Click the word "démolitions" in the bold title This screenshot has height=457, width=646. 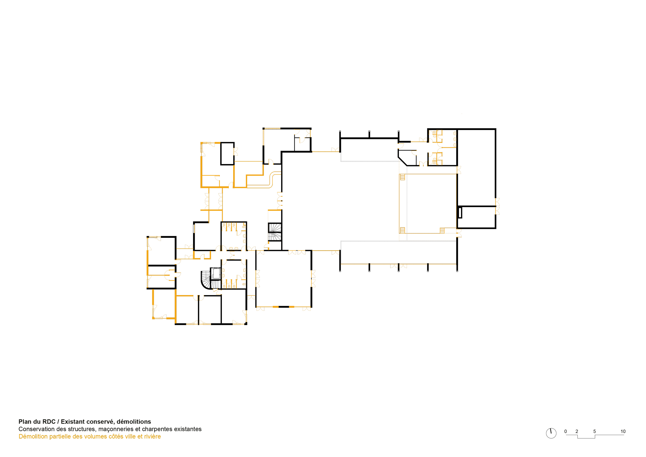[x=134, y=421]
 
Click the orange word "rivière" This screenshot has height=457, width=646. [x=152, y=437]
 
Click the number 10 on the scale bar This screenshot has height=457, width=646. [x=623, y=431]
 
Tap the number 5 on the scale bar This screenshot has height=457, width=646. [x=595, y=431]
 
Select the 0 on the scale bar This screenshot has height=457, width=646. [x=566, y=431]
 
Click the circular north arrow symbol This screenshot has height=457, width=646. [x=551, y=433]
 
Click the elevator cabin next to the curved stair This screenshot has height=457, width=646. [x=216, y=273]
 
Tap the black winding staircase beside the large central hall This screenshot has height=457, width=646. [x=275, y=232]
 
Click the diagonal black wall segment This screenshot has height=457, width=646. [x=402, y=161]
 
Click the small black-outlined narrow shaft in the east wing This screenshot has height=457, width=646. [x=460, y=212]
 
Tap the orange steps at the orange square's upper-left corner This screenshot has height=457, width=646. [x=402, y=177]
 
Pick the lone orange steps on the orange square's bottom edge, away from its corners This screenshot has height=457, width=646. [x=442, y=231]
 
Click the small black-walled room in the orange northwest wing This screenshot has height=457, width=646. [x=227, y=154]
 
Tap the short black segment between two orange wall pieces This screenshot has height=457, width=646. [x=284, y=307]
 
